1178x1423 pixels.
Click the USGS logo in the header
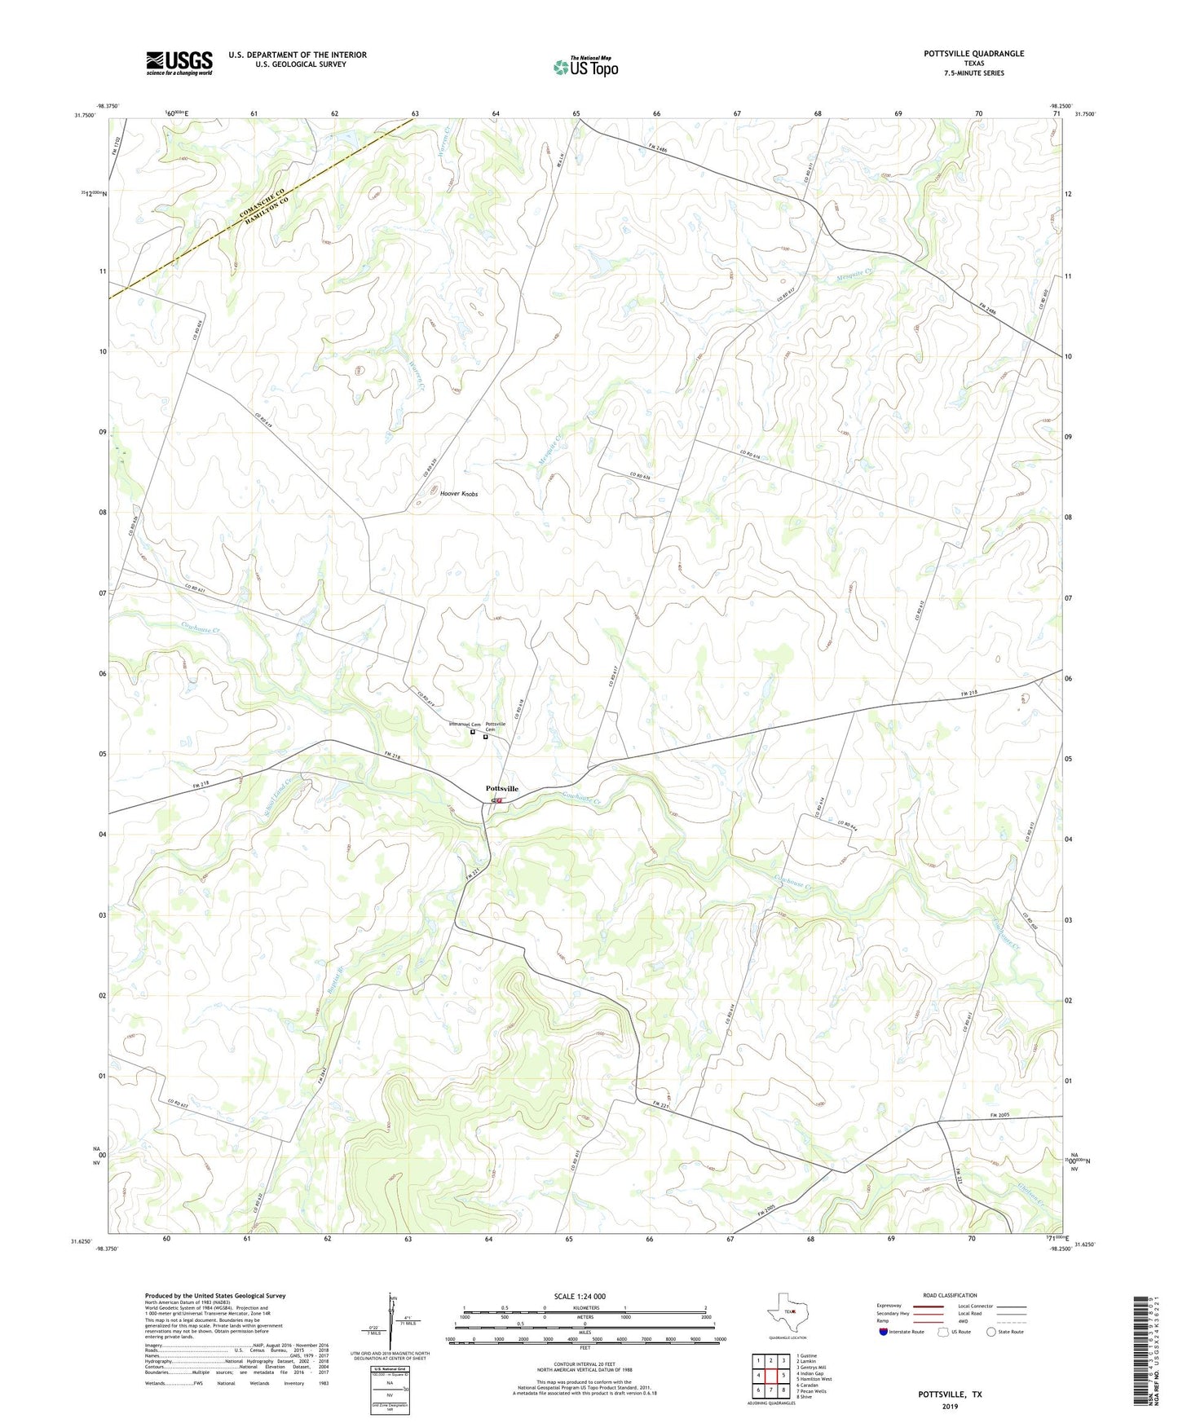tap(179, 63)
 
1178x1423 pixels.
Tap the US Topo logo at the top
tap(585, 67)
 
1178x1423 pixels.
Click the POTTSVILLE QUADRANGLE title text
tap(973, 54)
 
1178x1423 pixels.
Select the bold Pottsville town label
tap(501, 789)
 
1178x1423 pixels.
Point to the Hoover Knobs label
tap(459, 494)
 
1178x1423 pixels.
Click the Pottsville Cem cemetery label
tap(496, 726)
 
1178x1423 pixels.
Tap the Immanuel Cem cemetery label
tap(465, 725)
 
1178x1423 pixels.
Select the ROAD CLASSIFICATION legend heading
tap(950, 1295)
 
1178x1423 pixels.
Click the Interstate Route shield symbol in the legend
tap(884, 1333)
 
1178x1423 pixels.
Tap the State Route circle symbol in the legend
tap(990, 1333)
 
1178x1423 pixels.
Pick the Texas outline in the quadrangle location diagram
tap(787, 1310)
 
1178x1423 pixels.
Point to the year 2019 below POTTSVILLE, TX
tap(950, 1406)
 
